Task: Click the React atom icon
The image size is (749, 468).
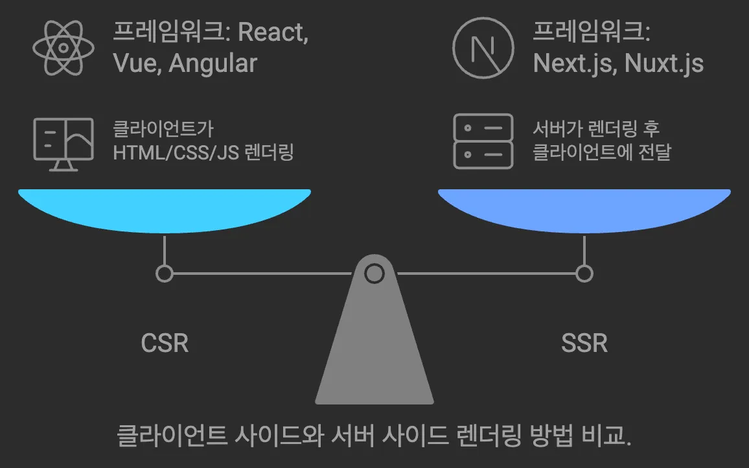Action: point(63,47)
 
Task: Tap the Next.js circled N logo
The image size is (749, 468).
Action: point(483,47)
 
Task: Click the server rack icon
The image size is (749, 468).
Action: point(483,141)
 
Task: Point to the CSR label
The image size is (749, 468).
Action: point(165,343)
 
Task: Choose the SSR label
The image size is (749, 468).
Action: point(584,343)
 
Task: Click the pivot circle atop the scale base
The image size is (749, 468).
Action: point(374,274)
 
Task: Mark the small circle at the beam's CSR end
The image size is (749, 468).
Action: point(165,274)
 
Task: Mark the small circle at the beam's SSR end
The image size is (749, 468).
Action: point(584,274)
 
